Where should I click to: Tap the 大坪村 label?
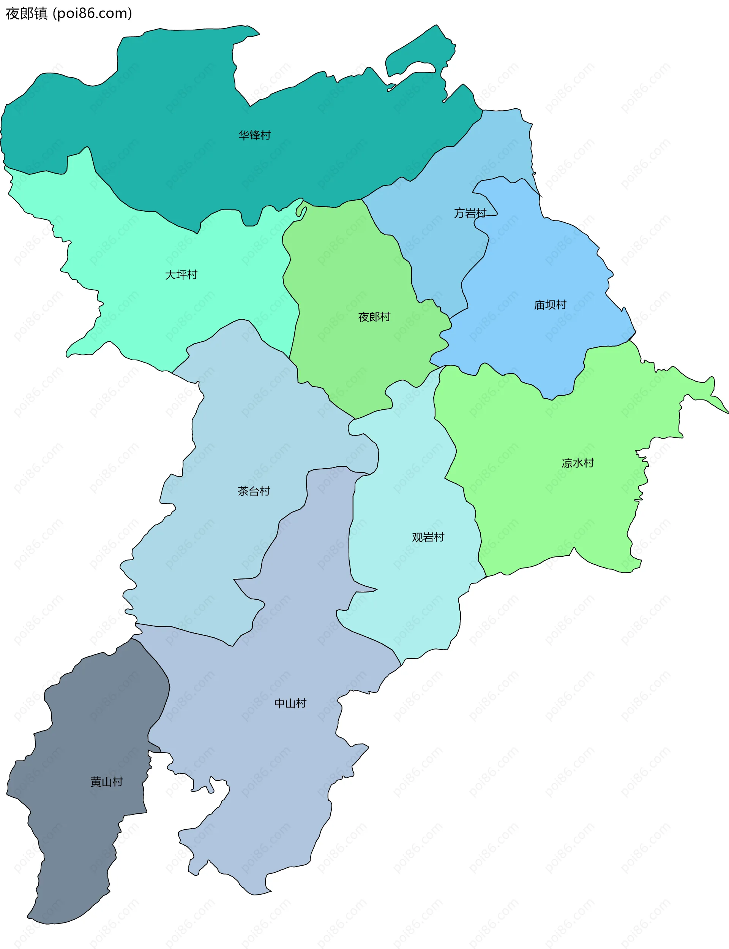click(x=181, y=274)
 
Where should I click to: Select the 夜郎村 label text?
click(x=374, y=317)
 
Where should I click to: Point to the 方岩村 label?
click(x=470, y=213)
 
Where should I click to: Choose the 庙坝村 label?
click(x=550, y=304)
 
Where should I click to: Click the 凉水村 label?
click(x=577, y=463)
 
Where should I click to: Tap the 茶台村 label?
click(x=254, y=491)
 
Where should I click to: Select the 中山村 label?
click(x=290, y=703)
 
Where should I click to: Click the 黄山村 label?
click(x=106, y=781)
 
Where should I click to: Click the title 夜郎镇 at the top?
click(x=27, y=13)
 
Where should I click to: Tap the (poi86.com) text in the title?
click(x=92, y=13)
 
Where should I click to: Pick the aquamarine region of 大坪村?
click(x=130, y=304)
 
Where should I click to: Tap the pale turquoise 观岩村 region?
click(x=412, y=586)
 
